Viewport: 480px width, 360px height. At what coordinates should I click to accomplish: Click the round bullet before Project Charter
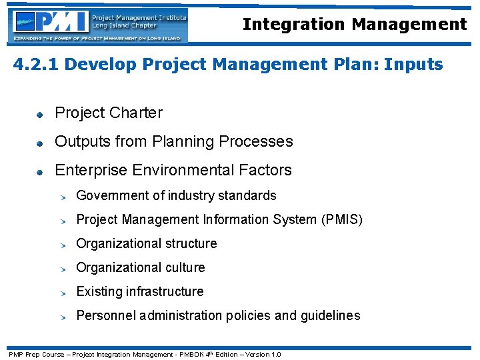40,115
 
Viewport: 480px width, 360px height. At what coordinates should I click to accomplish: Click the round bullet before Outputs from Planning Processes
40,143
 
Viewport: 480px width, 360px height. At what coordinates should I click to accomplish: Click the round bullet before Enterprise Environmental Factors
40,172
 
